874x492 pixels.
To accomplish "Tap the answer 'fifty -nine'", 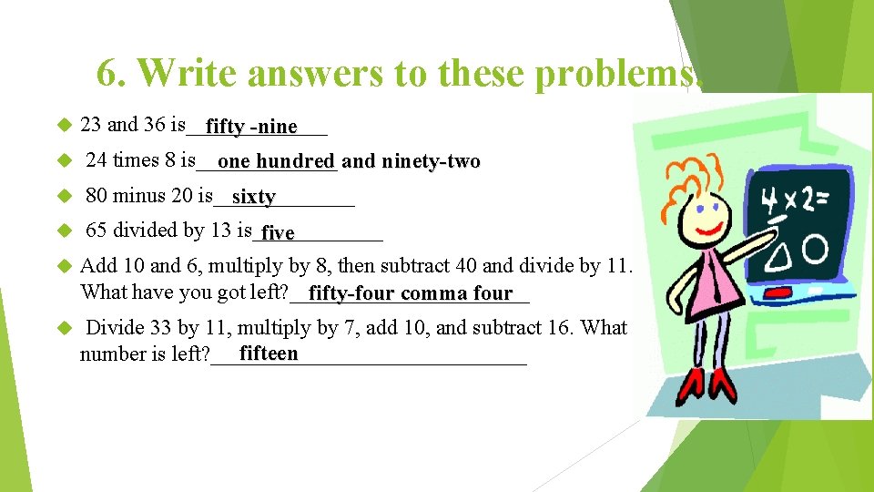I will (251, 127).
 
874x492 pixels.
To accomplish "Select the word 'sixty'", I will (253, 197).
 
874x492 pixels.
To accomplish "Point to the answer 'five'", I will (278, 233).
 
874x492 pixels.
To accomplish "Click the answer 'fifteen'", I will (269, 354).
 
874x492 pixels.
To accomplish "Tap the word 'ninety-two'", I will (432, 162).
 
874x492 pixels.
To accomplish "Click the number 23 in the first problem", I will (91, 124).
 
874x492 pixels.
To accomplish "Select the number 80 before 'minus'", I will (97, 195).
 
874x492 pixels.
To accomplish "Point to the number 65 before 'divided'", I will (97, 231).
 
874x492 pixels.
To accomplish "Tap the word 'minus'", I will (136, 195).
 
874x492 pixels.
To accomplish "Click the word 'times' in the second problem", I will (135, 160).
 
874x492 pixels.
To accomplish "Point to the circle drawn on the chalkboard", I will (814, 249).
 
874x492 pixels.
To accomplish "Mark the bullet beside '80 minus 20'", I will (64, 196).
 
